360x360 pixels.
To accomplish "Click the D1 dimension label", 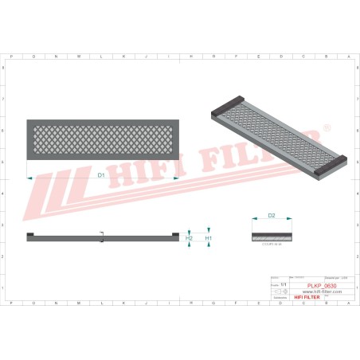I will click(101, 174).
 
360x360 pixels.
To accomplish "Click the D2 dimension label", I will click(271, 215).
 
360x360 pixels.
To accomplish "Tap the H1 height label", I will click(208, 237).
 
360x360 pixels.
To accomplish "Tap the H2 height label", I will click(189, 237).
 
